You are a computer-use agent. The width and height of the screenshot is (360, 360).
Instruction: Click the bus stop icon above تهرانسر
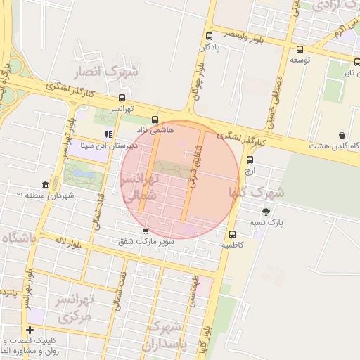click(x=122, y=98)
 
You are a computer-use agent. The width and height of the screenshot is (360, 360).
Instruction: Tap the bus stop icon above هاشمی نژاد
click(x=155, y=120)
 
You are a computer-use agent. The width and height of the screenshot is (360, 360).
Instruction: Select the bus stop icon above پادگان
click(x=209, y=37)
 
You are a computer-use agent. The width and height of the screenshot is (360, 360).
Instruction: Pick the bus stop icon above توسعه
click(x=300, y=50)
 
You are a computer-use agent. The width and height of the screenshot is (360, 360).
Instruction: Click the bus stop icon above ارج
click(x=250, y=160)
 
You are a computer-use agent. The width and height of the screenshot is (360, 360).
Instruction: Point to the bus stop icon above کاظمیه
click(x=232, y=235)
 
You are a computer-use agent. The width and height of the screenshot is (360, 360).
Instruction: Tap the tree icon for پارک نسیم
click(x=266, y=212)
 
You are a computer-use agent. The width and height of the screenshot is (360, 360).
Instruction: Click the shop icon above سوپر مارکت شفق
click(x=146, y=231)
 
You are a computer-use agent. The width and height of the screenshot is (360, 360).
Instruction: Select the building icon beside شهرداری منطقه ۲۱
click(x=46, y=185)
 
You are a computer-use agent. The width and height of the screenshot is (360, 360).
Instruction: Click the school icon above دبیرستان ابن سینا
click(x=108, y=134)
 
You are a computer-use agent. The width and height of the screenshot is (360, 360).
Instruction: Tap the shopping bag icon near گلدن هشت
click(x=342, y=135)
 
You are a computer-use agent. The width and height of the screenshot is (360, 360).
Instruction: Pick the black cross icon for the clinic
click(x=30, y=330)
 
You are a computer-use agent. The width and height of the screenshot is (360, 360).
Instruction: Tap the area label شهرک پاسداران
click(x=166, y=336)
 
